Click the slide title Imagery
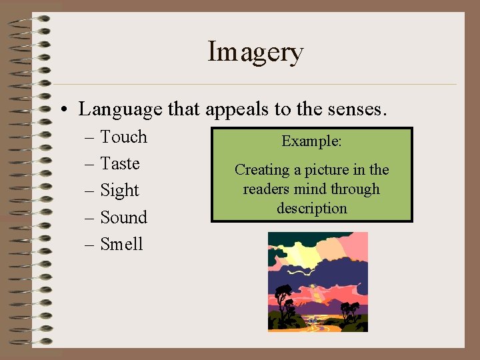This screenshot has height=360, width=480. (255, 52)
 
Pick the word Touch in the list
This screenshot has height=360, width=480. (123, 137)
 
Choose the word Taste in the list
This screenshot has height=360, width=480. (120, 163)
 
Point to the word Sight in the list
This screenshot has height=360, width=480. (119, 191)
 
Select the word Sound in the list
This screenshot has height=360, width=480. (123, 217)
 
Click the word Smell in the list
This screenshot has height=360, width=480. (121, 244)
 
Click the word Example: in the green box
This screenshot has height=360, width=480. (311, 141)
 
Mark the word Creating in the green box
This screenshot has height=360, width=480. (262, 170)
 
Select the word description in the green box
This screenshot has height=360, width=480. (311, 209)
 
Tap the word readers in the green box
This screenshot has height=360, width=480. (266, 189)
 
